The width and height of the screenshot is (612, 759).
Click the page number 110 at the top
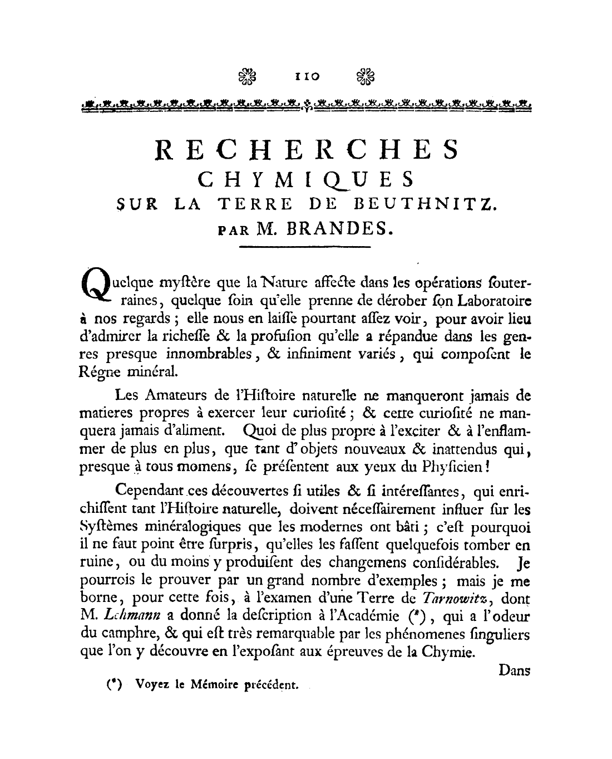[305, 77]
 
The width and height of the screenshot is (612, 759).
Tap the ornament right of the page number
[366, 77]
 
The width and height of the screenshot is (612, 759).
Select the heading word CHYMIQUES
[307, 180]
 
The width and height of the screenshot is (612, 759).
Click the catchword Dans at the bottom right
[514, 670]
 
